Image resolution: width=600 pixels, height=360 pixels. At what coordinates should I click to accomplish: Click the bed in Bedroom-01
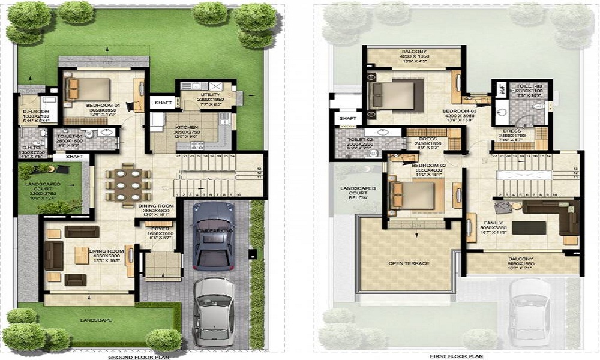88,89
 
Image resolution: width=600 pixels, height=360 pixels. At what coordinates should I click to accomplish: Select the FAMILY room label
493,223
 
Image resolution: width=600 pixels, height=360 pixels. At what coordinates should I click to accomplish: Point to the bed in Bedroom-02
413,195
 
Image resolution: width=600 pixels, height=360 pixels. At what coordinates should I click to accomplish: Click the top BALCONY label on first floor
414,52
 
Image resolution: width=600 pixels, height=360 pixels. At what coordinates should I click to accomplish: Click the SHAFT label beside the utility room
163,103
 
